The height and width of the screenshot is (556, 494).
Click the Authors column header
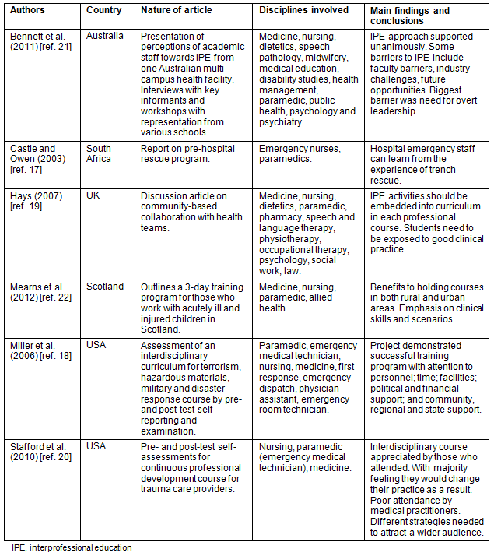[27, 10]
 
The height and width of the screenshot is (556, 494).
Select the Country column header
[104, 10]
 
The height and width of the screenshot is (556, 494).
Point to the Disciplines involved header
[303, 10]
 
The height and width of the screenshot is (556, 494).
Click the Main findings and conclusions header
[409, 16]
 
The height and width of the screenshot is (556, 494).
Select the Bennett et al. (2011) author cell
[38, 41]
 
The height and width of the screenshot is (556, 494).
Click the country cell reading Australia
[104, 36]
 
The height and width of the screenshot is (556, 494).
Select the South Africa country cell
[99, 153]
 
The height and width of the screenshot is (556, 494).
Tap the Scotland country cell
[105, 287]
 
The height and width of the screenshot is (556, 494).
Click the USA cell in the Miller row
[96, 344]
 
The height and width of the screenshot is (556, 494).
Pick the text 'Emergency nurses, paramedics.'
[300, 153]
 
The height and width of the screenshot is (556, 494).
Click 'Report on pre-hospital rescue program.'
[187, 153]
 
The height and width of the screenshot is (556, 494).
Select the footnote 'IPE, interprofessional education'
[72, 547]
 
